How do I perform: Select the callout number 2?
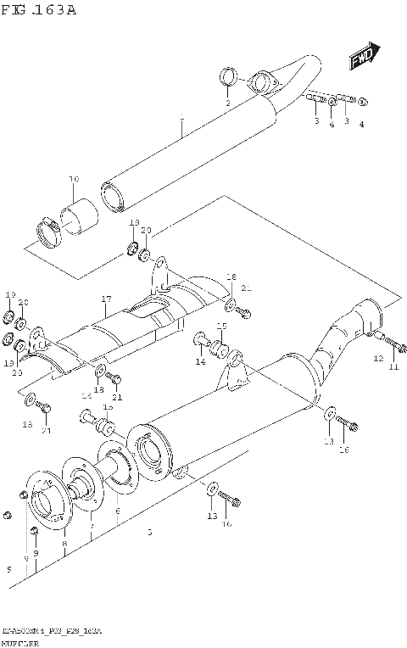click(227, 103)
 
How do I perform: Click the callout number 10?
click(74, 179)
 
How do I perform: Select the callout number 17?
click(106, 299)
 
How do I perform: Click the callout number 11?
click(393, 366)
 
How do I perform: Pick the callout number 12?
click(378, 359)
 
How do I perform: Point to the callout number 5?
click(149, 533)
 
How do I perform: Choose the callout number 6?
click(117, 511)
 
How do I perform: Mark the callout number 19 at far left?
click(10, 294)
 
